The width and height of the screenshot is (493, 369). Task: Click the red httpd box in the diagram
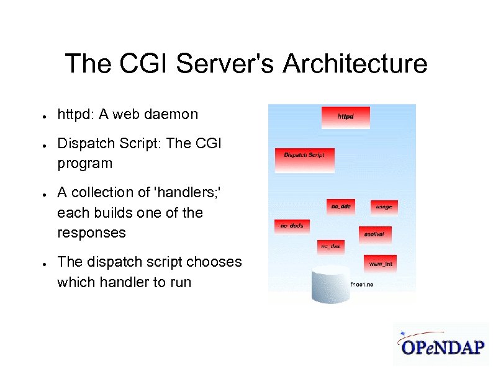pos(345,117)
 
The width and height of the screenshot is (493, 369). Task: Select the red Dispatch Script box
pos(305,159)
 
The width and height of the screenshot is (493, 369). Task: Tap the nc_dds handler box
pos(341,206)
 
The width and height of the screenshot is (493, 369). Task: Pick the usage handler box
pos(384,207)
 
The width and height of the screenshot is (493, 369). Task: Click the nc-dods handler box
pos(292,226)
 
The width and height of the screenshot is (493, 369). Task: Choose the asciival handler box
pos(374,234)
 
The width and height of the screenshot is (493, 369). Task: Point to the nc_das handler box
pos(330,247)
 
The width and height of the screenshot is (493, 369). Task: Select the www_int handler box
pos(380,264)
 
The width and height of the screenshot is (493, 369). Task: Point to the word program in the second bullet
pos(84,164)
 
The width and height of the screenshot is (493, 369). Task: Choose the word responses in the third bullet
pos(91,233)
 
